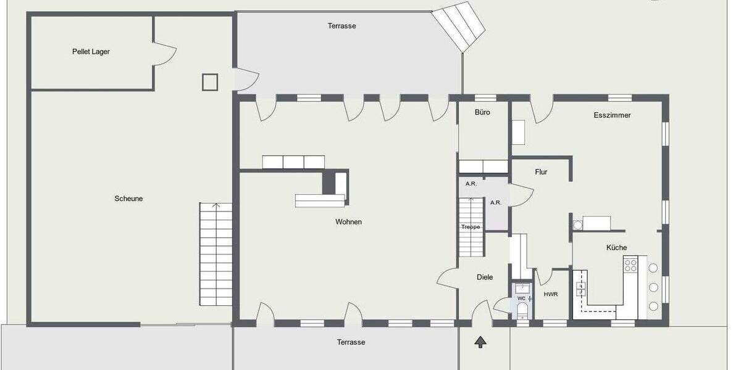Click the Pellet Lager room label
pyautogui.click(x=91, y=52)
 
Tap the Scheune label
pyautogui.click(x=128, y=199)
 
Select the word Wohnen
pyautogui.click(x=348, y=222)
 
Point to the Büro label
pyautogui.click(x=482, y=112)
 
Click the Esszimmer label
pyautogui.click(x=612, y=115)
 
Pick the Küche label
pyautogui.click(x=616, y=247)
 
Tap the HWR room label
pyautogui.click(x=551, y=294)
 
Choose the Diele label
pyautogui.click(x=485, y=277)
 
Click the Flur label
pyautogui.click(x=541, y=172)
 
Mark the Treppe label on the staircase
pyautogui.click(x=471, y=227)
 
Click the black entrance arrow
pyautogui.click(x=480, y=342)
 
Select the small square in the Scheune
pyautogui.click(x=210, y=82)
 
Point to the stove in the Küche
pyautogui.click(x=630, y=265)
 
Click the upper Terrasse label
pyautogui.click(x=341, y=26)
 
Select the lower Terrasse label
pyautogui.click(x=351, y=342)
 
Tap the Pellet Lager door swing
pyautogui.click(x=162, y=54)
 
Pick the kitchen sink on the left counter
pyautogui.click(x=580, y=287)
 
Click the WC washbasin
pyautogui.click(x=522, y=287)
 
